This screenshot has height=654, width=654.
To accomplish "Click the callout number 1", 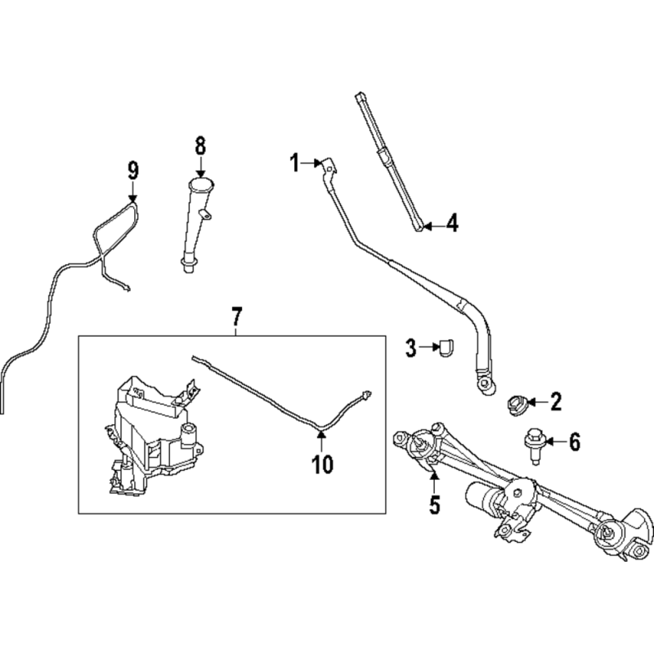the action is coord(295,163).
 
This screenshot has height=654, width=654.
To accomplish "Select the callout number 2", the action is coord(556,402).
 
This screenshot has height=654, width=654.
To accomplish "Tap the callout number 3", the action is coord(411,348).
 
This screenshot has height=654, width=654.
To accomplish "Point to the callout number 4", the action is coord(452,223).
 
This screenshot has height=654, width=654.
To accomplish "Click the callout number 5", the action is coord(435,504).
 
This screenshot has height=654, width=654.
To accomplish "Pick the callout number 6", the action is coord(575,441).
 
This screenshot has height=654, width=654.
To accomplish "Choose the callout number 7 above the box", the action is coord(236,317).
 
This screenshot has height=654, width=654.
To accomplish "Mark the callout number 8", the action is coord(200,146).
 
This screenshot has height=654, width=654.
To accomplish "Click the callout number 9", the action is coord(133,171).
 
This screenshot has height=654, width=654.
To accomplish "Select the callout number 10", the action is coord(322,464).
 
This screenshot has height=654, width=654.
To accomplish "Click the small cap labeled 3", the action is coord(446,348).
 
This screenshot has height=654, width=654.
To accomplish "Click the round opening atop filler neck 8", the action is coord(201,185).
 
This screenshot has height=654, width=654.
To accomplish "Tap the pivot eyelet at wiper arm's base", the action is coord(486,383).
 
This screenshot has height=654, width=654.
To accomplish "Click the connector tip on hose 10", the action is coord(367,393).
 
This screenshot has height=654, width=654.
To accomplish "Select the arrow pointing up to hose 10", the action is coord(320,442).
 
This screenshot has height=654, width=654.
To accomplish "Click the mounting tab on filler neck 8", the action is coord(205,214).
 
